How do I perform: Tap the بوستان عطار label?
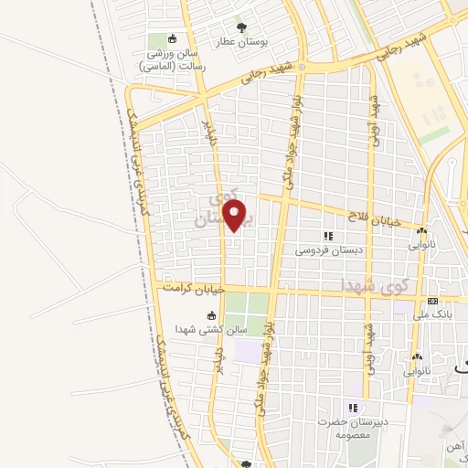point(242,42)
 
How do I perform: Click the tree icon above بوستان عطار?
point(241,26)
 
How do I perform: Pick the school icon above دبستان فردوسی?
point(328,236)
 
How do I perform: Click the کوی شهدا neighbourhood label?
point(369,285)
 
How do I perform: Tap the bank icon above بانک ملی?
point(431,302)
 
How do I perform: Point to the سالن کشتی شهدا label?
point(185,330)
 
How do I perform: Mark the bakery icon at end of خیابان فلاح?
point(422,231)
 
